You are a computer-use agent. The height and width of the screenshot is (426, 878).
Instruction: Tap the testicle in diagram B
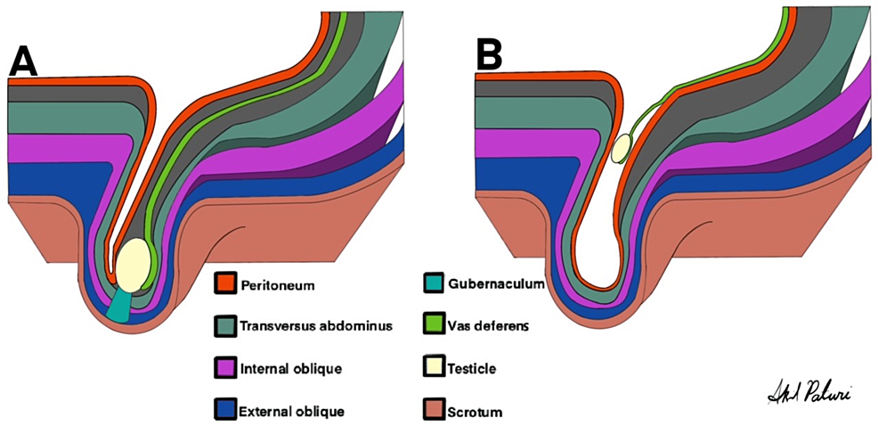(621, 149)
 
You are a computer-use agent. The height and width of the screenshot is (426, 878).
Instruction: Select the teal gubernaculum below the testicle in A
(119, 306)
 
